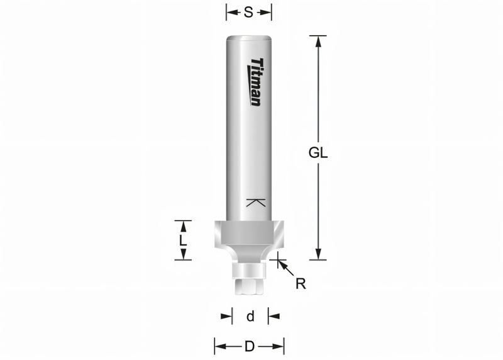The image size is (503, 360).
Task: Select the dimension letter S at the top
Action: pos(248,13)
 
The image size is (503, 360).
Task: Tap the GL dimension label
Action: pos(319,153)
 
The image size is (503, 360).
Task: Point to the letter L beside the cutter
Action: pos(182,241)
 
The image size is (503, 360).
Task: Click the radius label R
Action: pos(301,283)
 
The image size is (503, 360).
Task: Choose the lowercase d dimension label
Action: pos(250,317)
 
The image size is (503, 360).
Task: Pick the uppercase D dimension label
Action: pos(250,346)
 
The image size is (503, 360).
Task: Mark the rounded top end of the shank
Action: pos(249,39)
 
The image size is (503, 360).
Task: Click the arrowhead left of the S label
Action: pos(231,13)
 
